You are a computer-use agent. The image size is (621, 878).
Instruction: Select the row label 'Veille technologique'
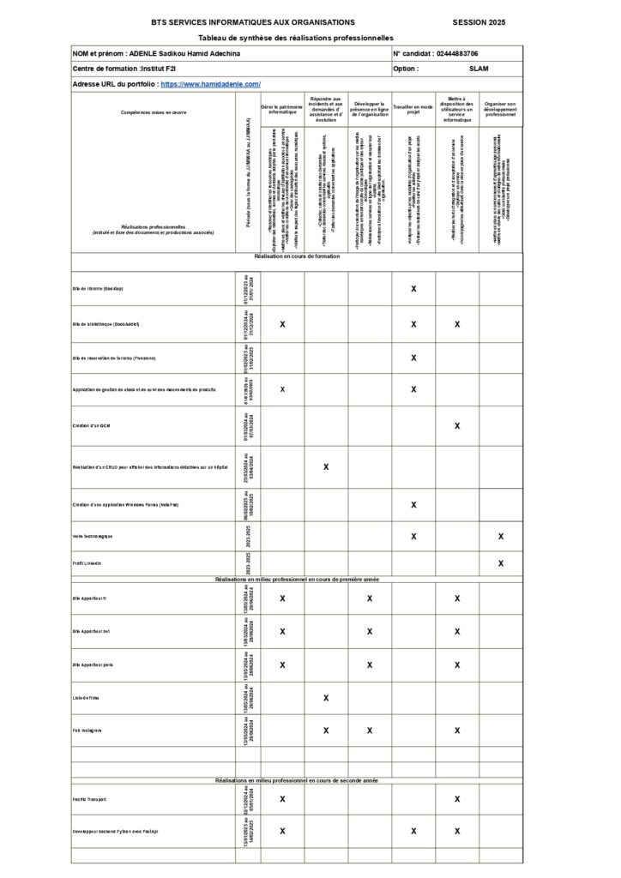pyautogui.click(x=93, y=536)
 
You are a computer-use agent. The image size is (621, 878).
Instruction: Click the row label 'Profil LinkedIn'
pyautogui.click(x=87, y=563)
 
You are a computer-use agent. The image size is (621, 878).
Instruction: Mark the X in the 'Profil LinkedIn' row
pyautogui.click(x=501, y=563)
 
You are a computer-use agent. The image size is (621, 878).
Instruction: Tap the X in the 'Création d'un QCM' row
pyautogui.click(x=457, y=425)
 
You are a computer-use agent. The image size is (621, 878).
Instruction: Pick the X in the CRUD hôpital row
pyautogui.click(x=326, y=466)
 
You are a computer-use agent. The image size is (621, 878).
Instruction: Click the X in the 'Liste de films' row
pyautogui.click(x=326, y=698)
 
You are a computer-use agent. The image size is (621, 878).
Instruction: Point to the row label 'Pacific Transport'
pyautogui.click(x=90, y=799)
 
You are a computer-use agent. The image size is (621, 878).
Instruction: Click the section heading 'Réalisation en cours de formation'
pyautogui.click(x=296, y=256)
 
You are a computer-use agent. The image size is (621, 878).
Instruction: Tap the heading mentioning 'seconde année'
pyautogui.click(x=296, y=780)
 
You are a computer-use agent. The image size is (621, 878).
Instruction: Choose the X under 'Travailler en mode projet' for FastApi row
pyautogui.click(x=413, y=831)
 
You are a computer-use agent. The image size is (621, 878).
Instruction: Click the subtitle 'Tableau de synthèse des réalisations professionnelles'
pyautogui.click(x=296, y=39)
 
